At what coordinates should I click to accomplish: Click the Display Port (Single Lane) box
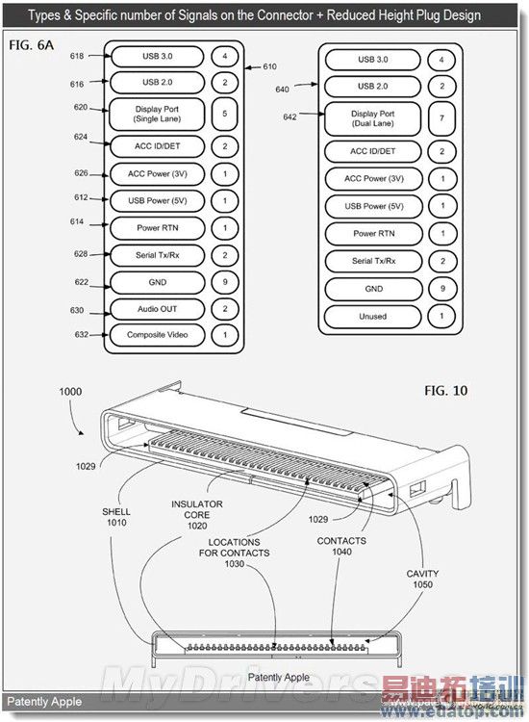(x=157, y=116)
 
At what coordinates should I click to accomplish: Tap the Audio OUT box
(x=157, y=309)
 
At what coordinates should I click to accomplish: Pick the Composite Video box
(x=157, y=335)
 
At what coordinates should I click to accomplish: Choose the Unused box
(x=372, y=316)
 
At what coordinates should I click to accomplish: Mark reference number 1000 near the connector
(x=70, y=392)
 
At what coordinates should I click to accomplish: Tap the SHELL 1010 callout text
(x=115, y=517)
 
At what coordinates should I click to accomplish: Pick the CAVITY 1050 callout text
(x=424, y=579)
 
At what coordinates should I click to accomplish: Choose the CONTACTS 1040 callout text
(x=341, y=547)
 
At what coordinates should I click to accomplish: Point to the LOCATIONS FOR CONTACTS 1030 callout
(x=235, y=553)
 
